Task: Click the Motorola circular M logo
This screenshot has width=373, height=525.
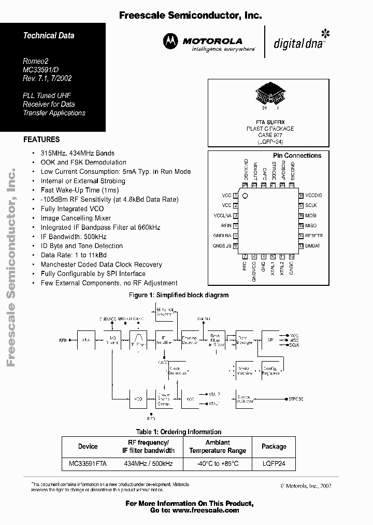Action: [x=170, y=42]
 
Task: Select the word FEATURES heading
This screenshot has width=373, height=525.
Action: [x=41, y=139]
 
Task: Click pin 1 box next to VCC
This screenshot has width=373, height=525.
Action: [x=236, y=196]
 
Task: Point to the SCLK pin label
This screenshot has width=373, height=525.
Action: [x=311, y=205]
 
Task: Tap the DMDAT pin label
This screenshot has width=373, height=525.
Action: [x=313, y=245]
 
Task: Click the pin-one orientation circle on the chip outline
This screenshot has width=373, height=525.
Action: [x=246, y=196]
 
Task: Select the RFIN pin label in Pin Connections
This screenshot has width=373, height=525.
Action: [x=226, y=226]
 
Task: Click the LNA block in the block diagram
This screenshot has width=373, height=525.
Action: [x=85, y=340]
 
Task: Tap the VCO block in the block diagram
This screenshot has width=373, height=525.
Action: [x=138, y=399]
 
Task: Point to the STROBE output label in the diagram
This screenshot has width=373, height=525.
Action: [x=296, y=399]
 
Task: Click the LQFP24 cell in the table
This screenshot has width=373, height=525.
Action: [x=274, y=464]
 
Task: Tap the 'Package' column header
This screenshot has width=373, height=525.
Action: [x=274, y=446]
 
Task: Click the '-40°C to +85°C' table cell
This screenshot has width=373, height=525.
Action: [x=218, y=464]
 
